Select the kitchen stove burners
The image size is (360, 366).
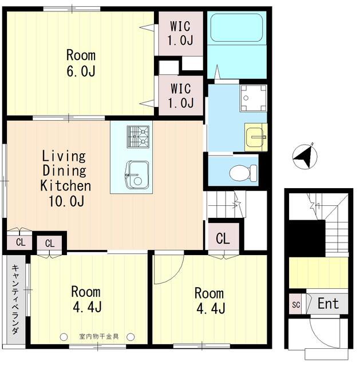tap(137, 137)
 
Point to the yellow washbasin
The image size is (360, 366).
tap(256, 137)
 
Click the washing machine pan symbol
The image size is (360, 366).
tap(252, 98)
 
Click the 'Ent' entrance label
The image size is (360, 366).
tap(328, 304)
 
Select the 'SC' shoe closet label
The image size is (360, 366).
tap(296, 304)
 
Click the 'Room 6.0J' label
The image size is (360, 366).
tap(80, 63)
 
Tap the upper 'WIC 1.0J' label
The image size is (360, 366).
tap(180, 33)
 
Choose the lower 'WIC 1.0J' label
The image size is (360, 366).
tap(180, 96)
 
